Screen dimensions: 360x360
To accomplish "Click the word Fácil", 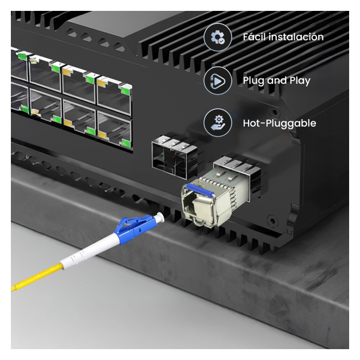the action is click(255, 37).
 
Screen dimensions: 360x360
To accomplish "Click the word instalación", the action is click(296, 37).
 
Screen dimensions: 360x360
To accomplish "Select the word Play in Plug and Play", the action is click(300, 81).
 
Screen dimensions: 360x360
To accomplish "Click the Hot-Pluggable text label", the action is click(280, 123).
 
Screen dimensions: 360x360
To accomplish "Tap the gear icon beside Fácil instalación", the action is click(218, 37).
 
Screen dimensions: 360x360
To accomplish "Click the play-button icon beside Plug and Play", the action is click(218, 80).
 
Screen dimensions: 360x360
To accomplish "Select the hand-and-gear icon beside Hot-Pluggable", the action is click(218, 123).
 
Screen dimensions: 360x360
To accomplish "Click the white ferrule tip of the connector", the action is click(160, 217).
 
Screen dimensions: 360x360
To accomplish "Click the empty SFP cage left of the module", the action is click(174, 157).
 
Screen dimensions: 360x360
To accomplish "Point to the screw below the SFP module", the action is click(272, 221).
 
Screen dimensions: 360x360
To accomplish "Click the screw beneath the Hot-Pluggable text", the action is click(275, 113).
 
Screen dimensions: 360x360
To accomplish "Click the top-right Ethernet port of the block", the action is click(114, 95).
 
